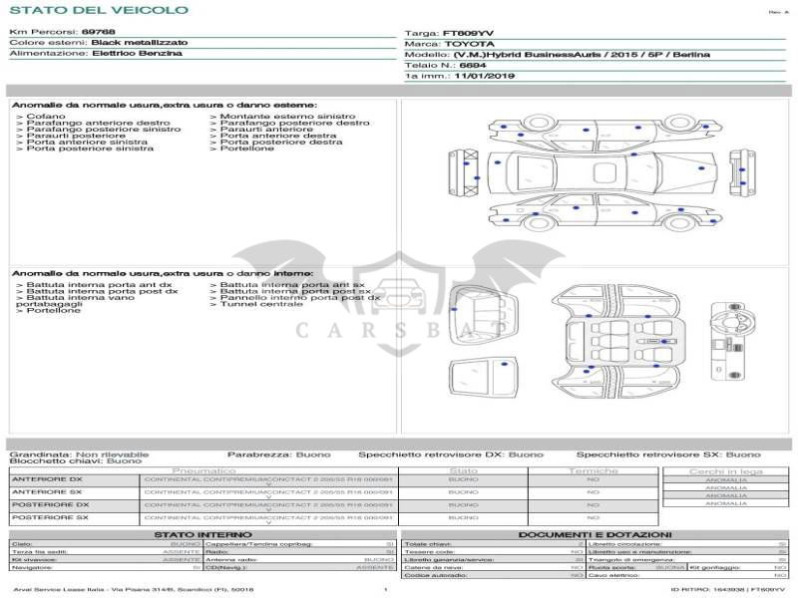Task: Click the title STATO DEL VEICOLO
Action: pyautogui.click(x=98, y=10)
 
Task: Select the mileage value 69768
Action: pyautogui.click(x=98, y=33)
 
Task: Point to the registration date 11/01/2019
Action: pyautogui.click(x=485, y=75)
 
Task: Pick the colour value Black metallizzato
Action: pyautogui.click(x=139, y=43)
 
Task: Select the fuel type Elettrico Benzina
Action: pyautogui.click(x=137, y=53)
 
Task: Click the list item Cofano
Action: pyautogui.click(x=46, y=117)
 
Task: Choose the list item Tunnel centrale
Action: pyautogui.click(x=255, y=304)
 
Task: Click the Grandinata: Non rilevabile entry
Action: pyautogui.click(x=79, y=454)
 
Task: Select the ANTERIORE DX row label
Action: pyautogui.click(x=47, y=479)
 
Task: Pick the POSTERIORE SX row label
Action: pyautogui.click(x=50, y=517)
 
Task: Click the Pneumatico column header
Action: pyautogui.click(x=204, y=470)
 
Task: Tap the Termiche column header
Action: pyautogui.click(x=594, y=470)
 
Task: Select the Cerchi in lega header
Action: pyautogui.click(x=725, y=470)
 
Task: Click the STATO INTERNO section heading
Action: pyautogui.click(x=202, y=534)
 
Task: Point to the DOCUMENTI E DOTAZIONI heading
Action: pyautogui.click(x=595, y=534)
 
